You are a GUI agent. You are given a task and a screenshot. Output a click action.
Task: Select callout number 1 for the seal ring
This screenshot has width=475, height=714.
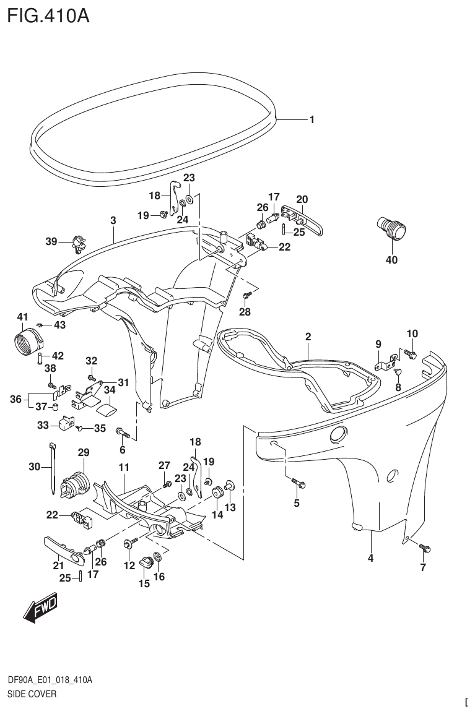coord(312,120)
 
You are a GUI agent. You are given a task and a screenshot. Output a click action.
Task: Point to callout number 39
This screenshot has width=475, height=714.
coord(51,241)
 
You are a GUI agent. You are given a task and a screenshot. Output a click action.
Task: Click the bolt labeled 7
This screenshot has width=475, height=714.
coord(425,548)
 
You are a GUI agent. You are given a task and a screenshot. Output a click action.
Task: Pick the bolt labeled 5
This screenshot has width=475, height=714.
coord(296,483)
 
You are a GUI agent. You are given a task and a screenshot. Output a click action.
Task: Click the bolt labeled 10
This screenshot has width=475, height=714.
coord(410,353)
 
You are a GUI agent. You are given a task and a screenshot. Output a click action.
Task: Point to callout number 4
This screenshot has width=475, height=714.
coord(370,558)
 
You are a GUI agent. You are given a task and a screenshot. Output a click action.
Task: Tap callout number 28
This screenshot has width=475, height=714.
coord(245,312)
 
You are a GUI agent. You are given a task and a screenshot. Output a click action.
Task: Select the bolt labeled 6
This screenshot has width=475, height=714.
coord(121,431)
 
